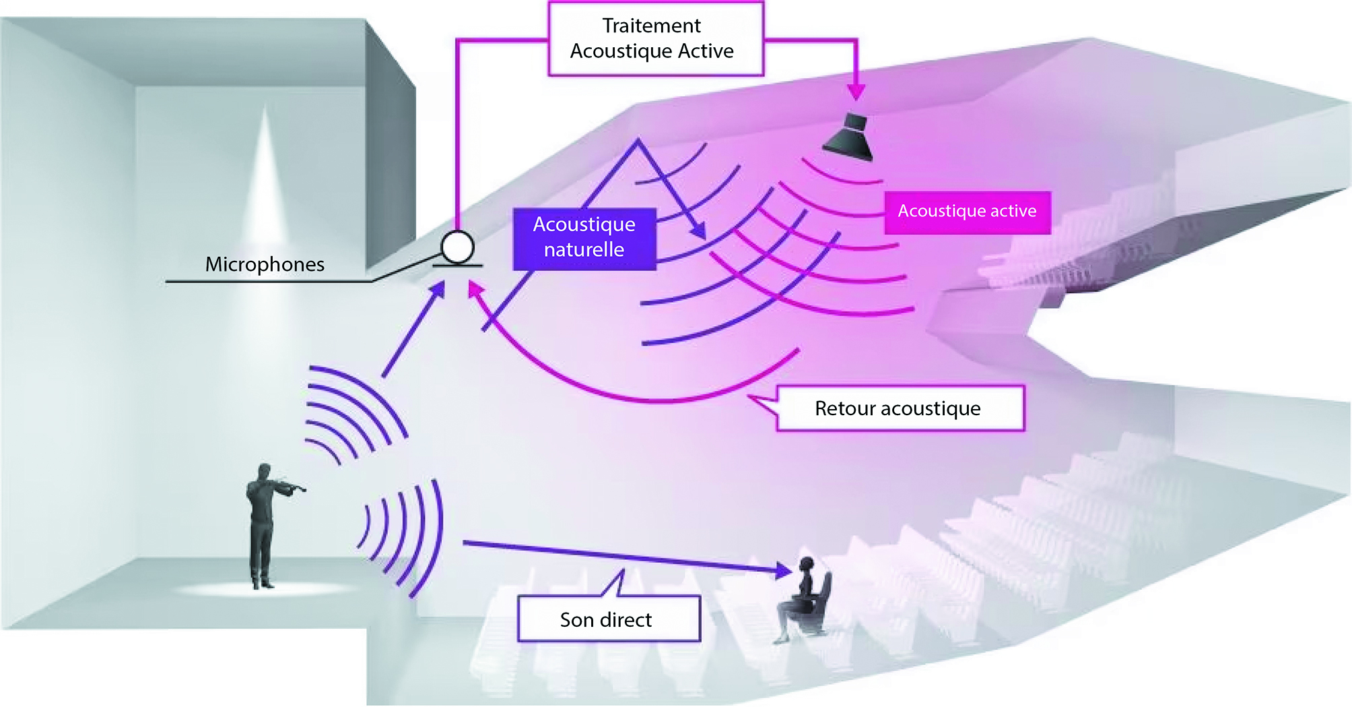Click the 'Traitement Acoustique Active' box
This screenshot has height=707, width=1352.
[656, 38]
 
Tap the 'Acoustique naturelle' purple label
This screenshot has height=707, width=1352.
[584, 239]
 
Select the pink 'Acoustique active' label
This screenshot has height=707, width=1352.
[967, 212]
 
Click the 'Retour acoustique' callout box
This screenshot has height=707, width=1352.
[900, 408]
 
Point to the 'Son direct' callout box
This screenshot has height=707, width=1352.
[609, 619]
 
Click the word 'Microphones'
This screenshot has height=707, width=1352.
[265, 264]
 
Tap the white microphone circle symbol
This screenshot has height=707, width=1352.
[458, 247]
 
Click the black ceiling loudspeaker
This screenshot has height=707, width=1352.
[849, 137]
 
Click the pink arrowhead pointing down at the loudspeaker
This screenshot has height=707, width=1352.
[856, 92]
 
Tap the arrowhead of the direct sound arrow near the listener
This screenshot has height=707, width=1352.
[784, 570]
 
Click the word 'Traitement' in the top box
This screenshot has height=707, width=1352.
[651, 26]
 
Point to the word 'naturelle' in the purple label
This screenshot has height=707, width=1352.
[584, 250]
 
